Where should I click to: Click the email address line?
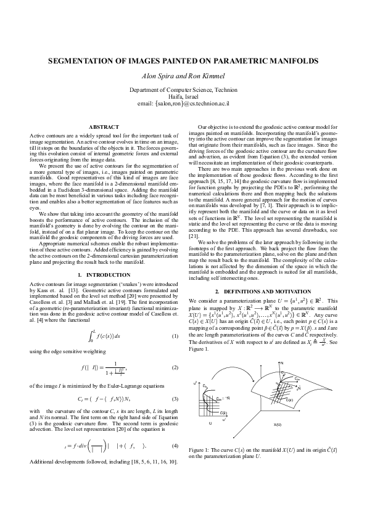click(x=183, y=104)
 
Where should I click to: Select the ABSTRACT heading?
click(x=104, y=127)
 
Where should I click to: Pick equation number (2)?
click(x=175, y=368)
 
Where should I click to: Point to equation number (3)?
click(x=175, y=399)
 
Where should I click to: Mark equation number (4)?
click(x=175, y=445)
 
